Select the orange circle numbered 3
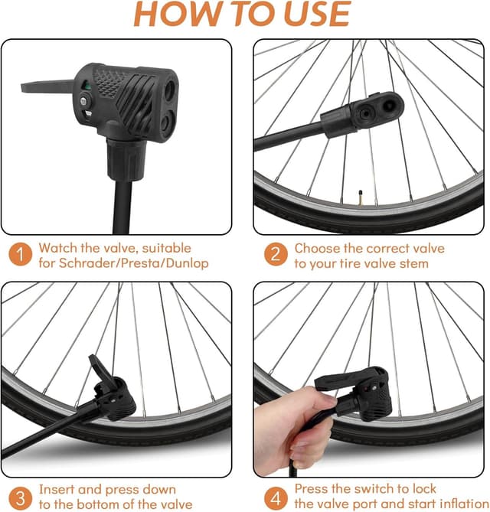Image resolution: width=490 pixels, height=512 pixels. (x=20, y=495)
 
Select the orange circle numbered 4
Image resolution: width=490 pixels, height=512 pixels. (x=274, y=495)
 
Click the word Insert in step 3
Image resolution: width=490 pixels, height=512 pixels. (x=58, y=488)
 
